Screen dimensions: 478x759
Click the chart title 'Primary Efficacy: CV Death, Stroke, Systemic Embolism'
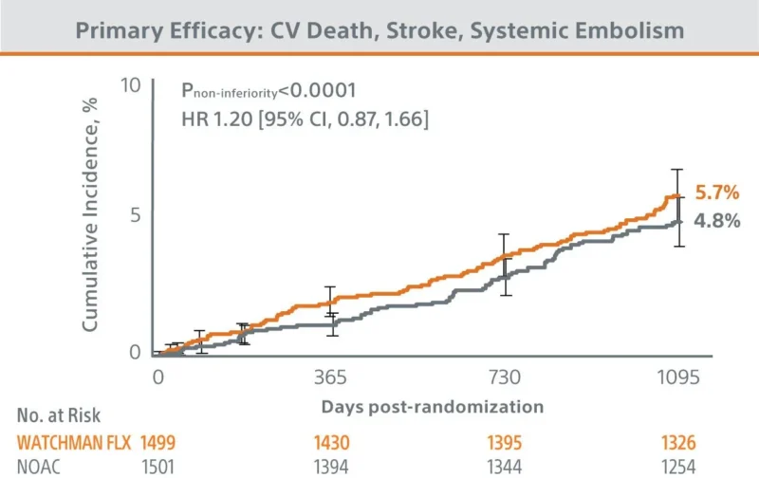pos(379,29)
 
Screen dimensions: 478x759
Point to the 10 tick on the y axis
pos(130,86)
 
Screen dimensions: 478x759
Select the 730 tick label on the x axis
pos(505,377)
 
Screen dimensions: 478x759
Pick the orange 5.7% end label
pos(716,193)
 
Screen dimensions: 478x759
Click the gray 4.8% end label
pos(716,221)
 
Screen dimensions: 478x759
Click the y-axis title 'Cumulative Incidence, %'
pos(91,218)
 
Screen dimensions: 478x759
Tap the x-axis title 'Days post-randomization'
pos(432,406)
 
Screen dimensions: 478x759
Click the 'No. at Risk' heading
pos(58,414)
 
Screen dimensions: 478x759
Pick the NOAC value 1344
pos(505,465)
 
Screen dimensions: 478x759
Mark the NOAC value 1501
pos(159,465)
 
